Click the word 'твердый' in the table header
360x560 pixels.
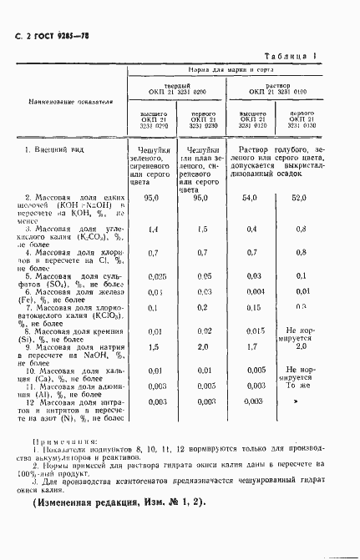[x=175, y=85]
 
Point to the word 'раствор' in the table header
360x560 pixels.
[x=276, y=85]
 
